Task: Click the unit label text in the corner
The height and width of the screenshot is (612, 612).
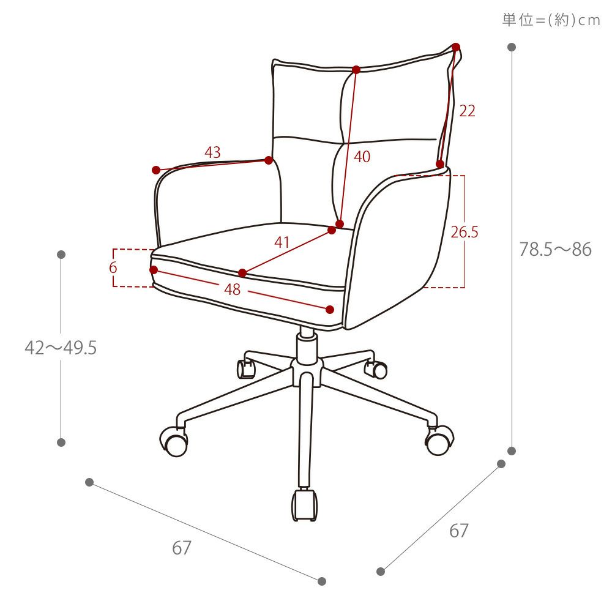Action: click(x=551, y=20)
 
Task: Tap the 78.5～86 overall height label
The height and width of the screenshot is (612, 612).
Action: click(x=555, y=250)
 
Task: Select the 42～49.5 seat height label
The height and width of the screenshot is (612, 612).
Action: click(x=61, y=348)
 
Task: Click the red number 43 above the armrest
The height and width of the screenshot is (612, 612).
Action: click(x=213, y=152)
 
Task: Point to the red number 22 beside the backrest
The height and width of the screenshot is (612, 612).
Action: click(x=467, y=111)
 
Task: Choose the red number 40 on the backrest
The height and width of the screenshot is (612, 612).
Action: click(x=362, y=157)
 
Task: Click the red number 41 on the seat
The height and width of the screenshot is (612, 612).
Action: click(x=282, y=242)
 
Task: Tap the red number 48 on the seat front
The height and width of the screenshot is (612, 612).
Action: click(x=232, y=289)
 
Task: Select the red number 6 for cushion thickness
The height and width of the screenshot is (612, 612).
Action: click(x=113, y=267)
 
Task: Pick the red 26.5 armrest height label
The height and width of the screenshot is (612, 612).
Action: click(x=465, y=232)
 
